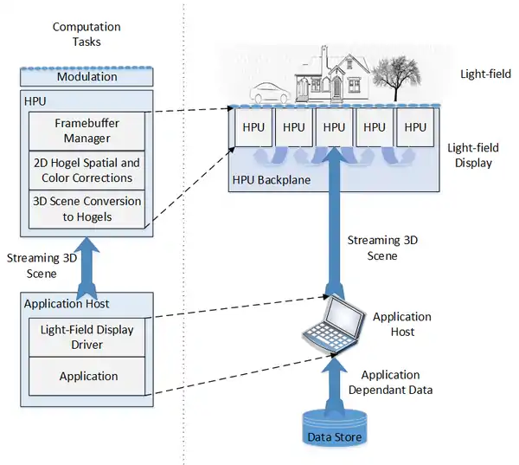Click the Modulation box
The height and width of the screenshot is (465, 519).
click(x=86, y=77)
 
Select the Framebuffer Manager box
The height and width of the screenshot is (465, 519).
click(x=86, y=130)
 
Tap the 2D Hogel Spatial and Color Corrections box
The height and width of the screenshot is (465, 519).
click(x=86, y=171)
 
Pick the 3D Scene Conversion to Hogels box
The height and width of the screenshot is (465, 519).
click(x=86, y=209)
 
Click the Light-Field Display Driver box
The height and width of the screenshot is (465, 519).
click(x=87, y=337)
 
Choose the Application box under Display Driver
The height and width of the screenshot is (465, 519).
click(x=87, y=376)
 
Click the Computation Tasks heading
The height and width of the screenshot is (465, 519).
click(x=86, y=35)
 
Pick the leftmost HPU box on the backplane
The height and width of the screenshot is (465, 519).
click(x=253, y=127)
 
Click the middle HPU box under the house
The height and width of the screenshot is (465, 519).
click(x=335, y=127)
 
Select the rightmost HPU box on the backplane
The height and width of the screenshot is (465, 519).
click(x=416, y=127)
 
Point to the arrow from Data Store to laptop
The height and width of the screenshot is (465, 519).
click(x=333, y=381)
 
